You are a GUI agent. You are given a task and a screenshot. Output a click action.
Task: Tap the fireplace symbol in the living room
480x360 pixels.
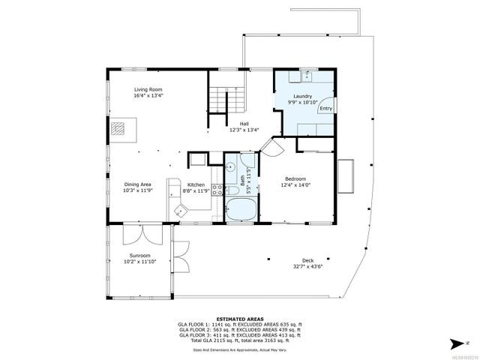(x=121, y=129)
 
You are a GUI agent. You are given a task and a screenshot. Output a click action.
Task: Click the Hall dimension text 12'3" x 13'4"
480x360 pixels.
(x=244, y=130)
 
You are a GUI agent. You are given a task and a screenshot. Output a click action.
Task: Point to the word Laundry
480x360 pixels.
(x=302, y=96)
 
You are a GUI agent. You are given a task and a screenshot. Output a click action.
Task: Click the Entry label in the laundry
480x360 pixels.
(x=326, y=109)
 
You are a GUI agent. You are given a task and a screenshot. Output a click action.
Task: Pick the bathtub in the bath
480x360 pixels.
(x=240, y=209)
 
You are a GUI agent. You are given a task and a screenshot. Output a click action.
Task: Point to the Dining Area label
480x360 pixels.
(x=138, y=184)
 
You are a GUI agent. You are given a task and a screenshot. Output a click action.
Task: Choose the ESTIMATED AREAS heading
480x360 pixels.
(x=240, y=319)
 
